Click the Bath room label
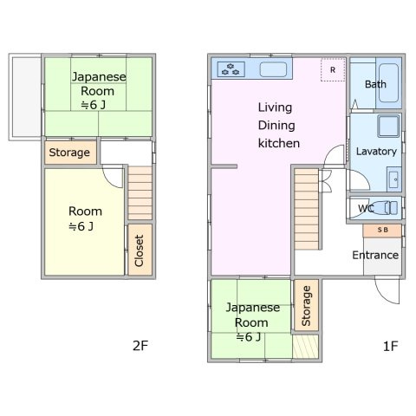click(x=375, y=84)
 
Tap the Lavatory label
click(x=376, y=151)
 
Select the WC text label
click(x=366, y=209)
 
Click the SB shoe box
click(x=381, y=231)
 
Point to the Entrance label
click(x=375, y=255)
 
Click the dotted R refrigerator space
click(x=333, y=69)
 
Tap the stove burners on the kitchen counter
click(x=231, y=69)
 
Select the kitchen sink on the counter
click(x=275, y=70)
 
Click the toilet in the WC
click(x=387, y=208)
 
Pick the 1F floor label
click(x=389, y=346)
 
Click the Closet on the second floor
click(x=138, y=250)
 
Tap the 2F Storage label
click(x=69, y=153)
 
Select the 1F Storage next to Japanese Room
click(x=305, y=306)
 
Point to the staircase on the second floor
click(x=140, y=193)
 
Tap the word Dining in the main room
click(x=275, y=125)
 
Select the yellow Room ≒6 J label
click(x=85, y=219)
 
